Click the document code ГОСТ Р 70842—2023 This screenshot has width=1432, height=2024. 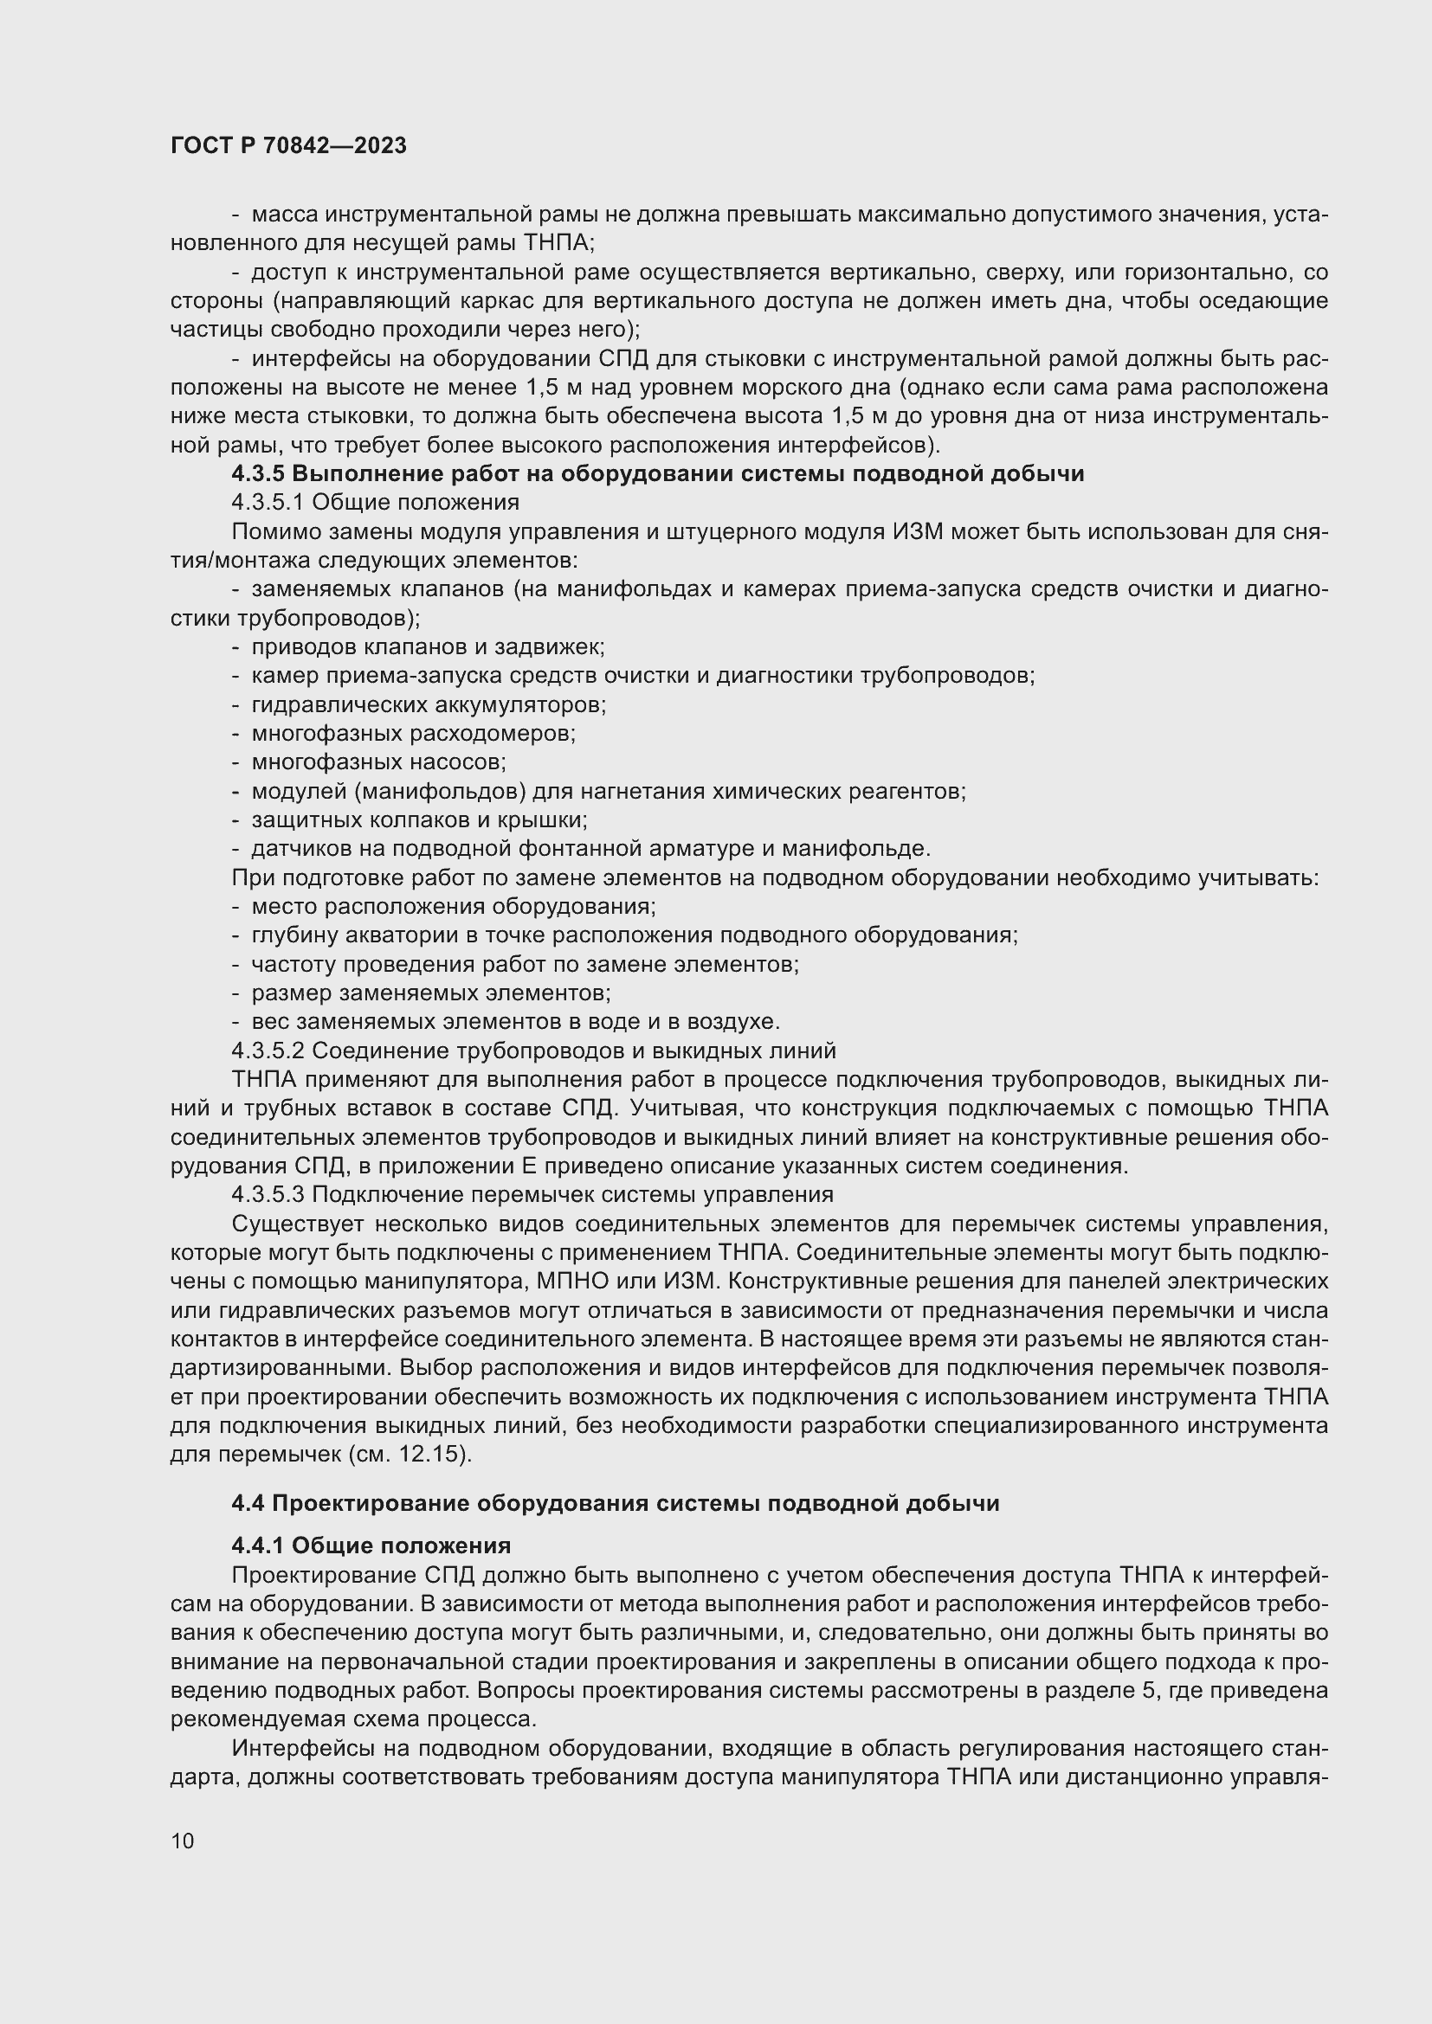(288, 146)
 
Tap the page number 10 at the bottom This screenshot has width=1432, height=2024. (183, 1841)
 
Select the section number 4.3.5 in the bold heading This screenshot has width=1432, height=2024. (258, 474)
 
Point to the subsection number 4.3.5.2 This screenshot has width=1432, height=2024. (268, 1051)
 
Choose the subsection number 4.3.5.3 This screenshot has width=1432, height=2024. (268, 1194)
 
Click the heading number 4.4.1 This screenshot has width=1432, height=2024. (257, 1545)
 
